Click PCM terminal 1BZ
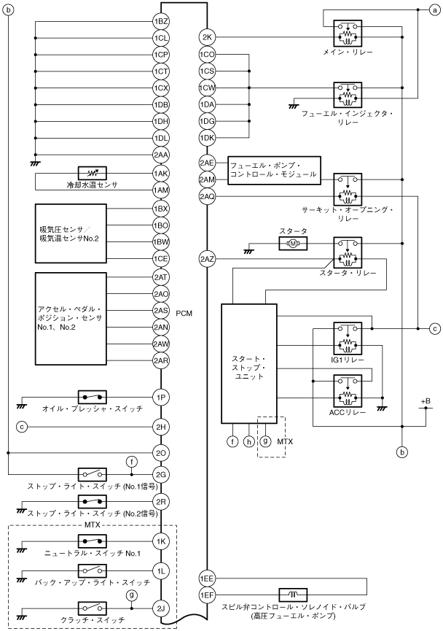click(161, 21)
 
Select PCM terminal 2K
click(208, 38)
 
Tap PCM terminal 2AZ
click(208, 259)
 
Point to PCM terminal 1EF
click(208, 595)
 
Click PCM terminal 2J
click(161, 608)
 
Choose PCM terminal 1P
click(161, 398)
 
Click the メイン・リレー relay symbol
click(348, 34)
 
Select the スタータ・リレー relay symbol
click(348, 252)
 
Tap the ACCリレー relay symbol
click(348, 391)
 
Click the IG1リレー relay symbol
click(348, 338)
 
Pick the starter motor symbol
click(293, 244)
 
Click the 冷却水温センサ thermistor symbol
click(92, 174)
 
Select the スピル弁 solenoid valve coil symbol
click(293, 595)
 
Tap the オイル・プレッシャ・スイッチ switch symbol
click(92, 398)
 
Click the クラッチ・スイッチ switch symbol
click(92, 608)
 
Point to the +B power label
click(426, 401)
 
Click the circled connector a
click(434, 10)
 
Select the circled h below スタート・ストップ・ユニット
click(249, 441)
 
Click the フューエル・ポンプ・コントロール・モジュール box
click(275, 171)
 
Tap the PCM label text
click(184, 314)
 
